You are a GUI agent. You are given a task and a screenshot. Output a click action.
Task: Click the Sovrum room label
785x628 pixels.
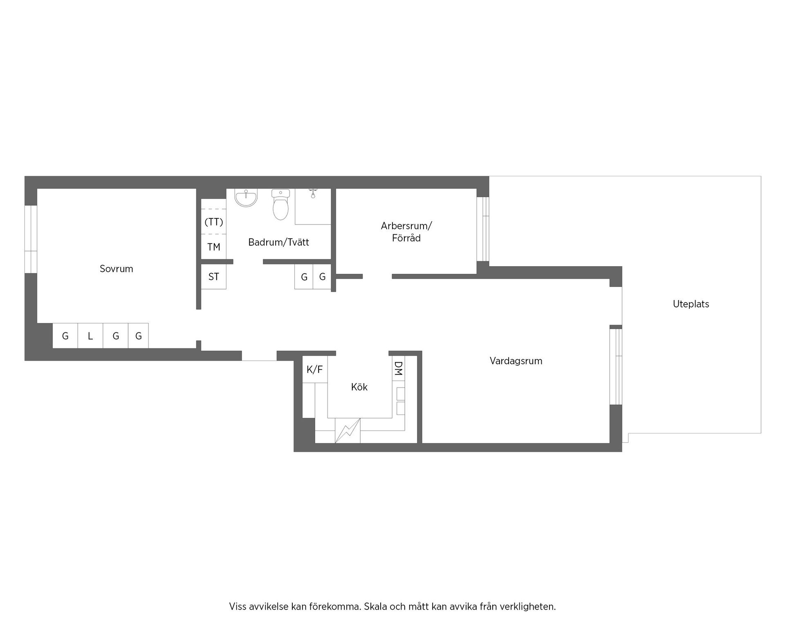[117, 269]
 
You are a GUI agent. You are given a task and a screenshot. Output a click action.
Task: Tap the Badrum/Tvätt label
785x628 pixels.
[278, 242]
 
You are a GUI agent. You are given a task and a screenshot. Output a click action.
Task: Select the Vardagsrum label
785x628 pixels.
[516, 361]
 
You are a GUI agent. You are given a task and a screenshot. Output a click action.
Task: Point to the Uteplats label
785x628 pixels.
[691, 304]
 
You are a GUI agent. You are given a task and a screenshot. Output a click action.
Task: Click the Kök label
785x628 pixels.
[359, 387]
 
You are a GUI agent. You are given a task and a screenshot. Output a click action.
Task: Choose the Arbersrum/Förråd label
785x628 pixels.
[406, 232]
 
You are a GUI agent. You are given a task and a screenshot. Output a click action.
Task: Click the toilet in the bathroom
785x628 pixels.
[280, 204]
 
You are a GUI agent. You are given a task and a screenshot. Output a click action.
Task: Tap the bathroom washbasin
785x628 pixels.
[246, 198]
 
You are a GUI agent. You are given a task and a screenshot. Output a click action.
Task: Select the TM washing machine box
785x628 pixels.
[214, 247]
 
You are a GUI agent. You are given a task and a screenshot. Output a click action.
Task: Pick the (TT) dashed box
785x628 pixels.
[214, 222]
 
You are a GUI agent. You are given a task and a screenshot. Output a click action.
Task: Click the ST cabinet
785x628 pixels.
[214, 277]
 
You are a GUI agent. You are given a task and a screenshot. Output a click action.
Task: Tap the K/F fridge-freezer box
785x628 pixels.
[315, 370]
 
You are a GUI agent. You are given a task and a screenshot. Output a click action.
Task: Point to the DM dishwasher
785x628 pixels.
[399, 368]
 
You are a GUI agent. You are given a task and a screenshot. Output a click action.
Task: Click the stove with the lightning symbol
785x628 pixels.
[348, 431]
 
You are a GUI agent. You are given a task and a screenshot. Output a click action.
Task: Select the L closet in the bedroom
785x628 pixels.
[90, 336]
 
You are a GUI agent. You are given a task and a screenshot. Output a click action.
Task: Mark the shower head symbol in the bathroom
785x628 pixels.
[313, 193]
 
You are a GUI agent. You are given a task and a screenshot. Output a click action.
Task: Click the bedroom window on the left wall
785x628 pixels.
[31, 239]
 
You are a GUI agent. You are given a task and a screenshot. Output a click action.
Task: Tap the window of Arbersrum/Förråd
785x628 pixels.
[483, 229]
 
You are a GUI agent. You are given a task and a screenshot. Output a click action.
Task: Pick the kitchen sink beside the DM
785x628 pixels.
[400, 401]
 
